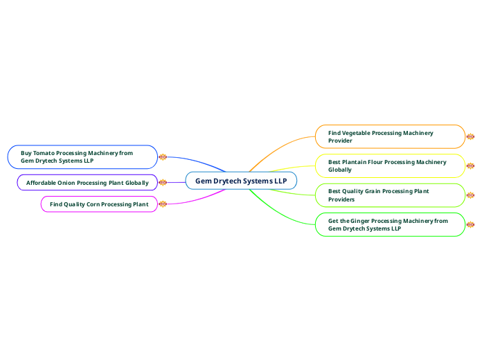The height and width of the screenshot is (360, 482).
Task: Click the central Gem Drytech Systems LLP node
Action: [241, 181]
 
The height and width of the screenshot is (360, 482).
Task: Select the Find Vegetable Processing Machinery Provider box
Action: [390, 136]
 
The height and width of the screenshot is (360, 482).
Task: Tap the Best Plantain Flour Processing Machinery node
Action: [390, 165]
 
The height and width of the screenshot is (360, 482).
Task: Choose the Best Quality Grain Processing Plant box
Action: [390, 195]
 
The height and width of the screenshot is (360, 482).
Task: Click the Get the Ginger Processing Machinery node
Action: [390, 224]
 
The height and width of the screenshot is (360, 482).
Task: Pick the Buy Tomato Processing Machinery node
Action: [82, 156]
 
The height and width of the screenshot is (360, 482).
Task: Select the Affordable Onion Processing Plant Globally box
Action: [87, 183]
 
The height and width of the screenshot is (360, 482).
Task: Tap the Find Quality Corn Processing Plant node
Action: [99, 204]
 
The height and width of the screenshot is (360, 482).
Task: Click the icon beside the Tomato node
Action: [163, 156]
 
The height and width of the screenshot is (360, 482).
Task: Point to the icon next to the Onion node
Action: [163, 183]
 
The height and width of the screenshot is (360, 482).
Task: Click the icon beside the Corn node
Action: [163, 204]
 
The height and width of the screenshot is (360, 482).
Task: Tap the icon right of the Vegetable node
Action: [470, 136]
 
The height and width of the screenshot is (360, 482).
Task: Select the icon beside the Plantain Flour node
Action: [470, 166]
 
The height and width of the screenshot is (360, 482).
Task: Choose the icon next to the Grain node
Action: [470, 195]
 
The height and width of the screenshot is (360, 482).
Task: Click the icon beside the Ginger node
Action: [470, 224]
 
